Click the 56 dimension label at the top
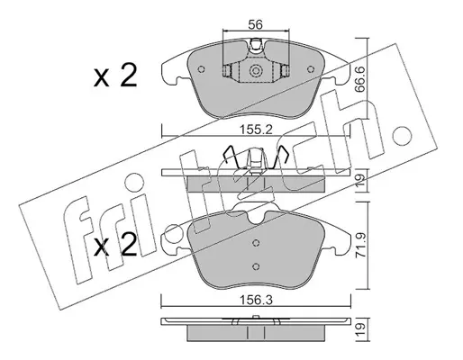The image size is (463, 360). (x=256, y=24)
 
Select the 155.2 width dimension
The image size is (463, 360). (x=256, y=130)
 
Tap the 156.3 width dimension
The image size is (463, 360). (x=256, y=300)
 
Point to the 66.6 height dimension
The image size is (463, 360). (x=359, y=78)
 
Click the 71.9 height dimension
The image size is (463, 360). (x=359, y=245)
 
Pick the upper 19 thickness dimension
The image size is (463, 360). (x=360, y=180)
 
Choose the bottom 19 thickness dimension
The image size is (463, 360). (x=360, y=329)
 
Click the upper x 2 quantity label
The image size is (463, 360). (x=115, y=76)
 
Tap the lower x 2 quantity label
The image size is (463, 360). (x=115, y=245)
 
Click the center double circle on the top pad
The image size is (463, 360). (x=256, y=71)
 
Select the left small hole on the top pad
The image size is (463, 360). (x=202, y=69)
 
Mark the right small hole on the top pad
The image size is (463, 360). (x=310, y=69)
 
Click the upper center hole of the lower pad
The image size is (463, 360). (x=256, y=243)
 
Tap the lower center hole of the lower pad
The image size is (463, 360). (x=256, y=266)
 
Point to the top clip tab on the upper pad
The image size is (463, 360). (x=256, y=44)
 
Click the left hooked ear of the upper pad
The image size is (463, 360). (x=173, y=72)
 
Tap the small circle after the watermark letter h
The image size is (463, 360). (x=403, y=135)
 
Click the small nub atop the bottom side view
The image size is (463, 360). (x=256, y=317)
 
